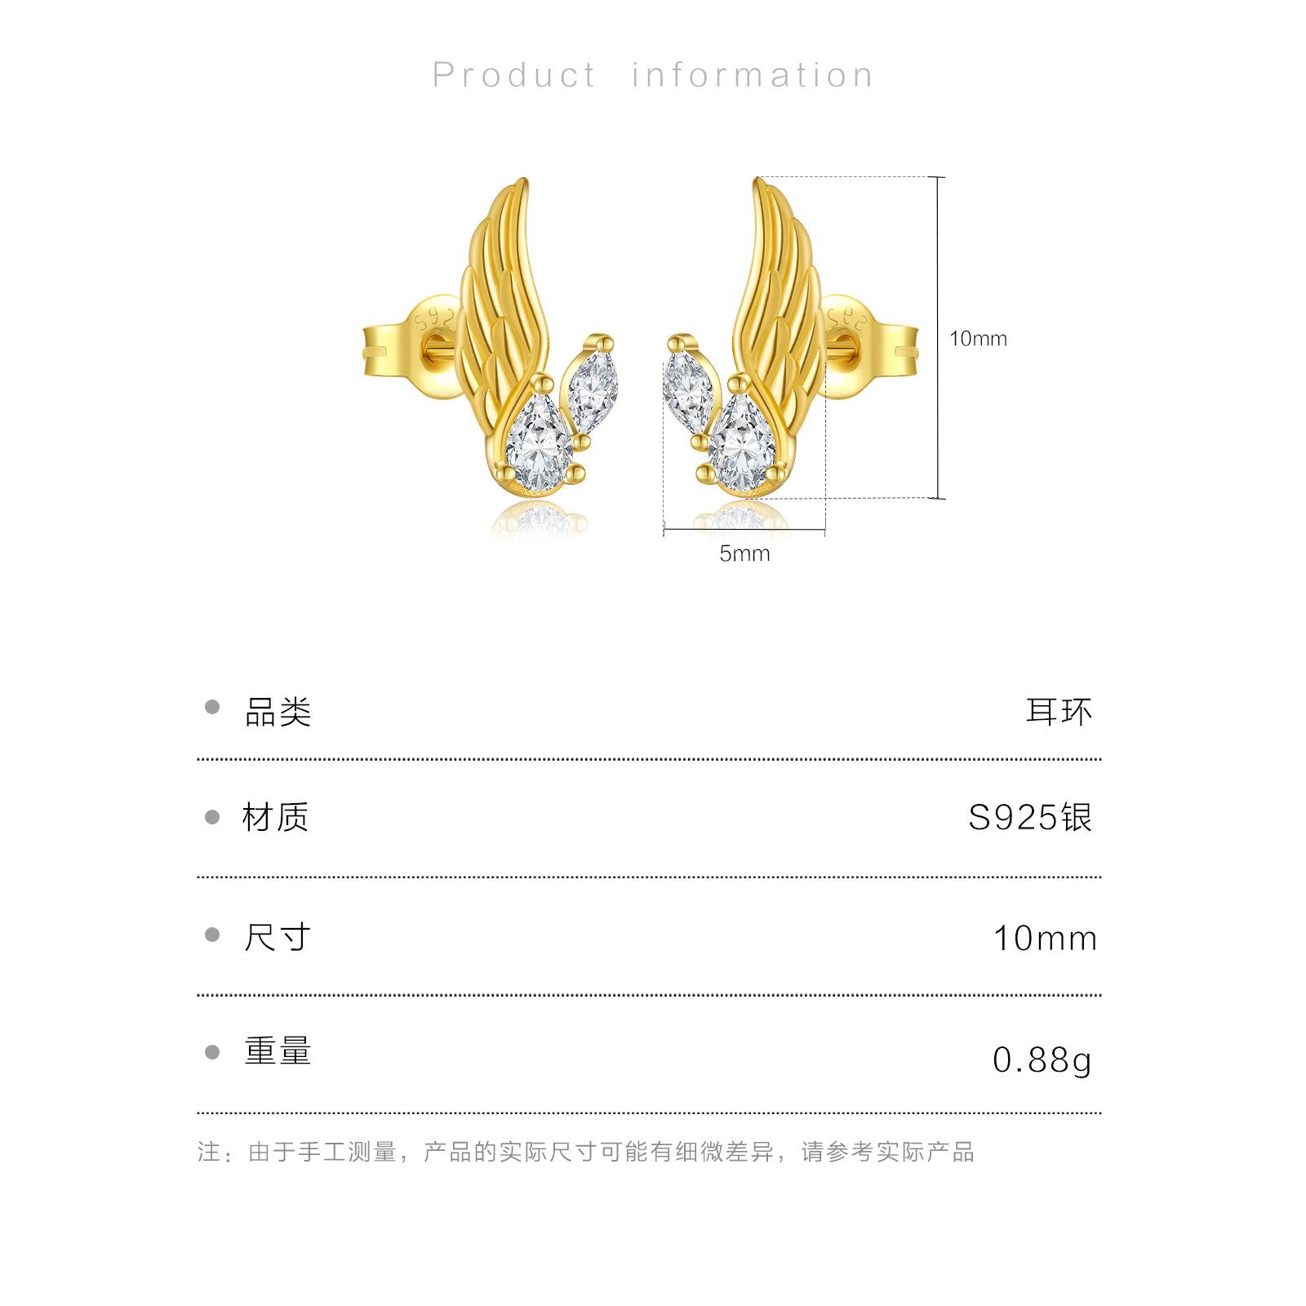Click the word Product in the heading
(514, 75)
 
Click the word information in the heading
(752, 75)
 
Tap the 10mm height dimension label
(978, 339)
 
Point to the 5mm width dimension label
(744, 554)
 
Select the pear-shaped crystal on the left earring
(540, 446)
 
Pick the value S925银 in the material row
(1030, 817)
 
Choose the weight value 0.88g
(1042, 1059)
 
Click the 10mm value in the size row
(1045, 939)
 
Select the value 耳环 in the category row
(1059, 712)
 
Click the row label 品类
(278, 712)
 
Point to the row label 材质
(276, 817)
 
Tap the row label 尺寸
(278, 937)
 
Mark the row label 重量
(278, 1051)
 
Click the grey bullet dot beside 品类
(213, 708)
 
